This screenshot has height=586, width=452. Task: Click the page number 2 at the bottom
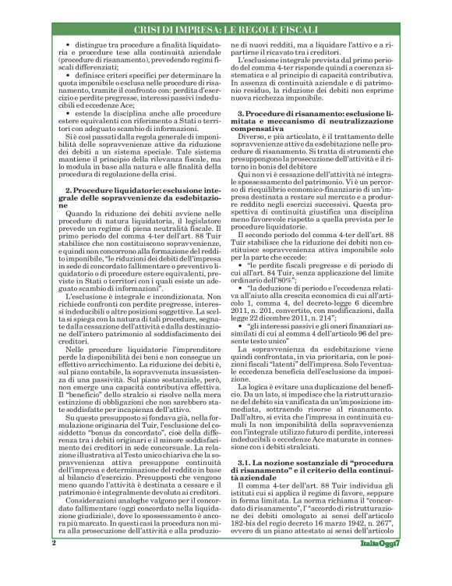54,563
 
